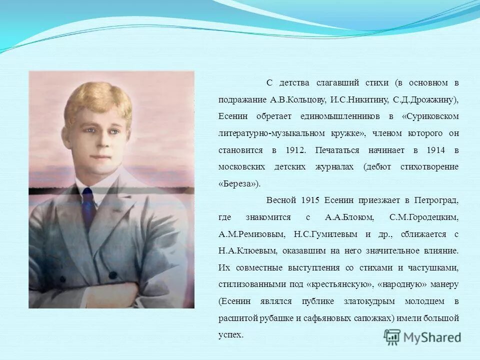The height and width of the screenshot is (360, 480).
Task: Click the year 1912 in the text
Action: point(296,150)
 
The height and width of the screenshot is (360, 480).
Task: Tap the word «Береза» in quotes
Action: point(239,183)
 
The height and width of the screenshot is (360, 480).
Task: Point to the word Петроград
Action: point(435,200)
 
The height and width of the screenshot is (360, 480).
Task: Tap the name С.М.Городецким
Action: point(423,217)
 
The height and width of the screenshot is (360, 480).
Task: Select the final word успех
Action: point(230,335)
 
